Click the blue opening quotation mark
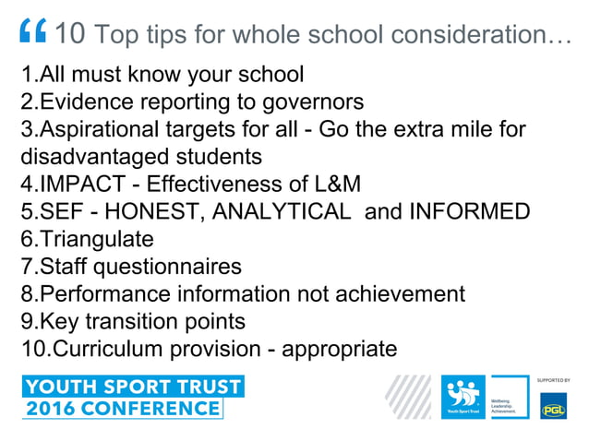coord(33,33)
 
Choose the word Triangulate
coord(96,239)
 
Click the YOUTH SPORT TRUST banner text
coord(133,386)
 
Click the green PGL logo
coord(553,405)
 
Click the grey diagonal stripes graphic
coord(408,398)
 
